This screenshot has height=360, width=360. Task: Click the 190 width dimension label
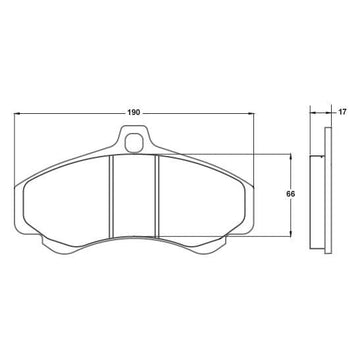pos(133,113)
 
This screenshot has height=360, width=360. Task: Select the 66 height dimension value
pos(291,194)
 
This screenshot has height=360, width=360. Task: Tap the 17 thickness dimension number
pos(342,112)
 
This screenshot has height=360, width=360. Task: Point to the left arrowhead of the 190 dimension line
pos(17,113)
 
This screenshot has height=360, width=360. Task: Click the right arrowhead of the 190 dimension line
pos(250,113)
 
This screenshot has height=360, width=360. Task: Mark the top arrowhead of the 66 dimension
pos(291,157)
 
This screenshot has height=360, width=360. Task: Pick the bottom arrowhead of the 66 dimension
pos(291,233)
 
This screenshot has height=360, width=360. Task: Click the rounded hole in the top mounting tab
pos(134,142)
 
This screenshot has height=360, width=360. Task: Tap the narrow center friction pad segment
pos(134,195)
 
